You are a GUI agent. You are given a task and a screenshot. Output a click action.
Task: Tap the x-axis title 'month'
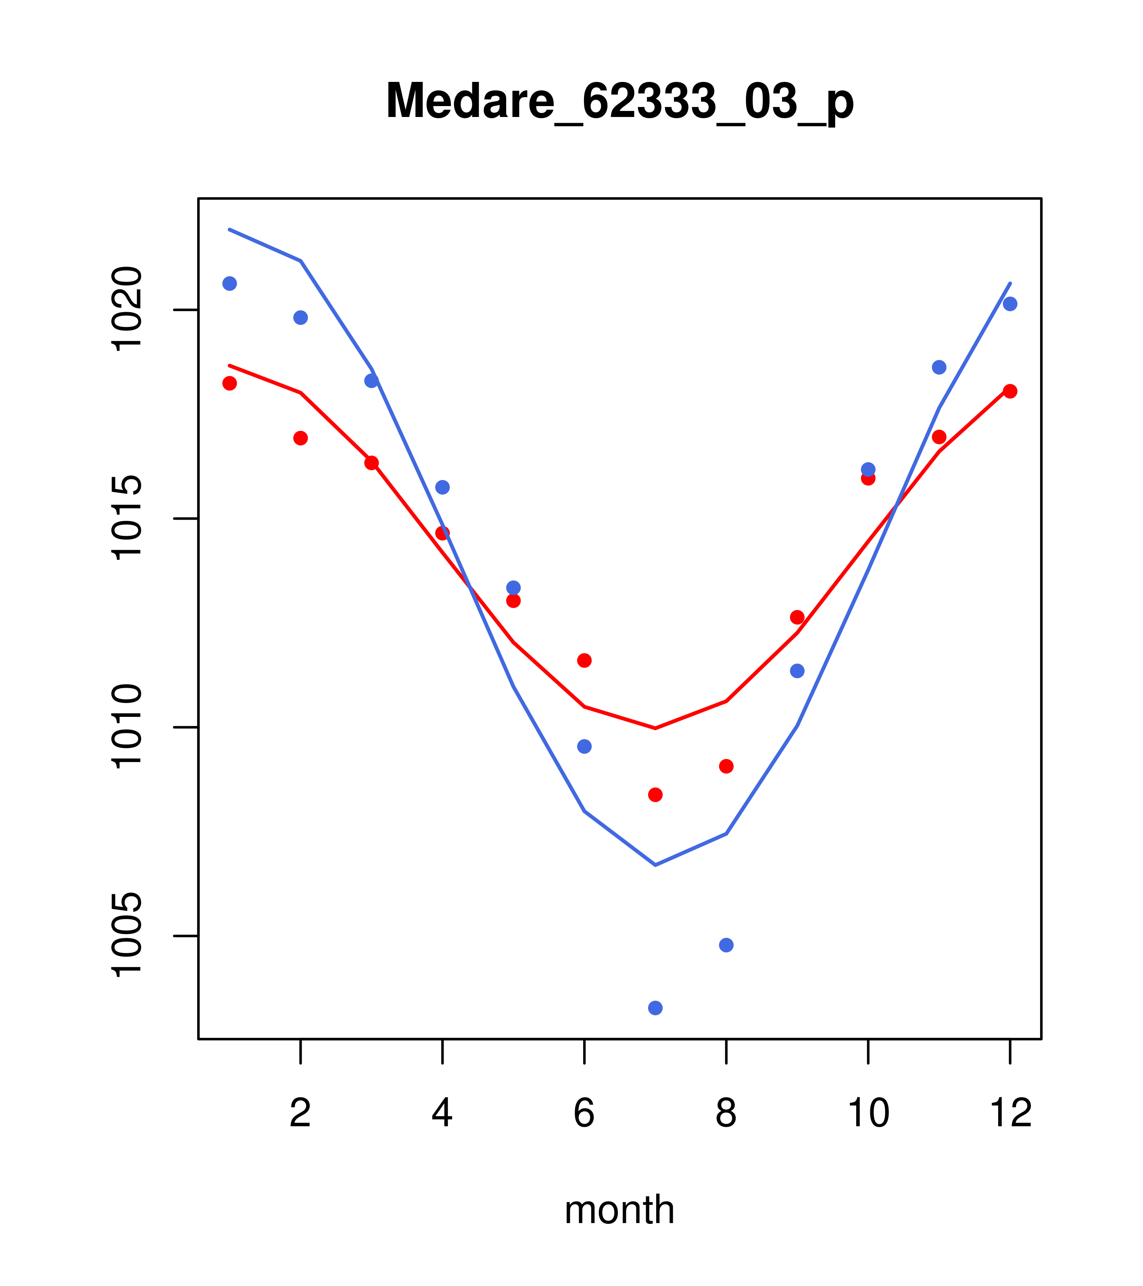click(x=619, y=1209)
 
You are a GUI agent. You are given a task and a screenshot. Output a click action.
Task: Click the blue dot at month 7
click(x=655, y=1008)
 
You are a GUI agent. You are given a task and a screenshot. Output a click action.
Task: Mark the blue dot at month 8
click(x=726, y=945)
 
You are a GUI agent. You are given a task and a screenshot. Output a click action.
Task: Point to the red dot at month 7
click(x=655, y=795)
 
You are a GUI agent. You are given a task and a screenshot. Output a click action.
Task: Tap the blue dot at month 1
click(x=229, y=284)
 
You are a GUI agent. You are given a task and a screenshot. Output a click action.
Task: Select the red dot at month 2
click(x=301, y=438)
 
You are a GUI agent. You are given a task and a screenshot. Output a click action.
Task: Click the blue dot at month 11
click(x=939, y=367)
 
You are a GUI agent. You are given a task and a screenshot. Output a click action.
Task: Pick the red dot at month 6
click(x=584, y=660)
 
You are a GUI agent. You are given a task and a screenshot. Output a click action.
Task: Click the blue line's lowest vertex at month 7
click(x=655, y=865)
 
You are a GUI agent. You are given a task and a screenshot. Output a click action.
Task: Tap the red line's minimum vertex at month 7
click(x=655, y=728)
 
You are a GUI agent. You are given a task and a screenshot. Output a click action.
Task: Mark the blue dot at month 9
click(x=797, y=671)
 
